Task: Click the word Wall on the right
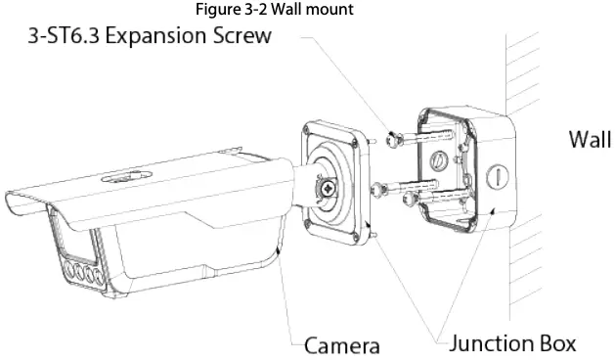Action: [x=590, y=140]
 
